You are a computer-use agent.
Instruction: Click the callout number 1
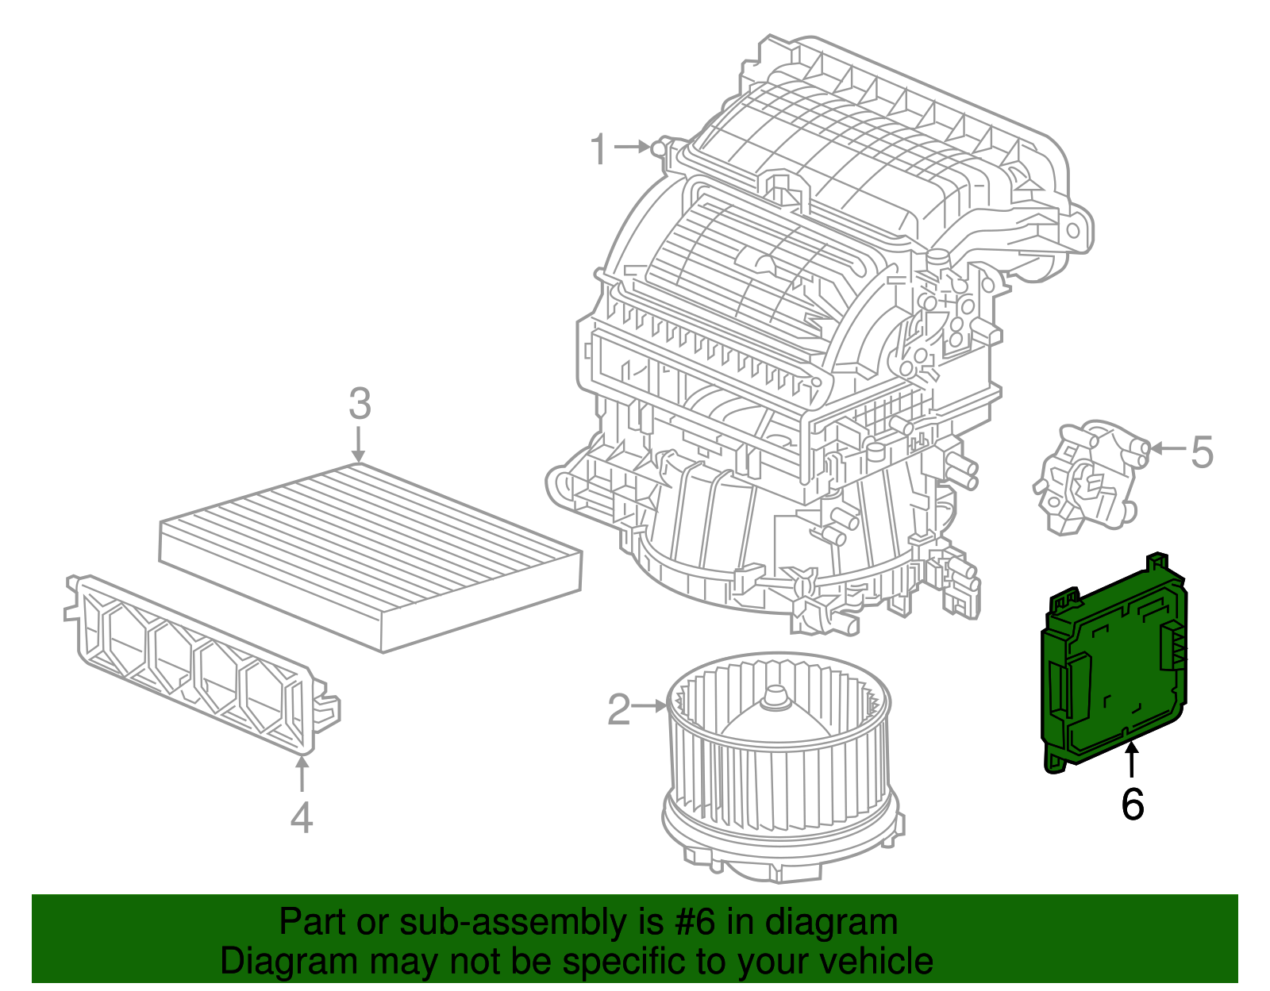point(599,149)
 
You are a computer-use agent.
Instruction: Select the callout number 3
point(360,405)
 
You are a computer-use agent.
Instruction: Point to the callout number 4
point(301,817)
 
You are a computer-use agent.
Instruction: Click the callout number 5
point(1202,451)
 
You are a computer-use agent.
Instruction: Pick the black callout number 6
point(1132,804)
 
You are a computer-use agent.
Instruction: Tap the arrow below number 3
point(359,444)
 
